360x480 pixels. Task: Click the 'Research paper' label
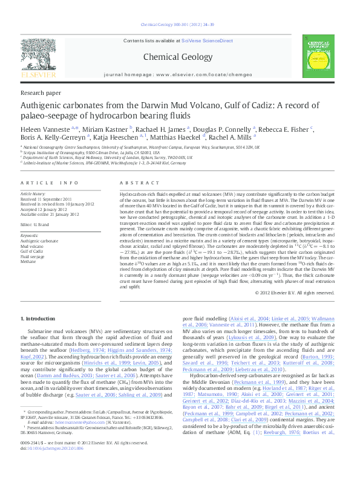[x=41, y=92]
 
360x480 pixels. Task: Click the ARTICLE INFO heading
[x=50, y=182]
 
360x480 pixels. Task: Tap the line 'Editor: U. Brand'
[x=38, y=224]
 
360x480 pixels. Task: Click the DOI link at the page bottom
[x=50, y=467]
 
